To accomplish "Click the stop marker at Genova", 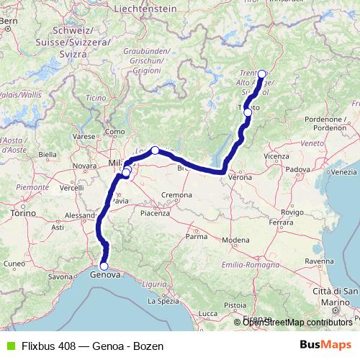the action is [x=104, y=266].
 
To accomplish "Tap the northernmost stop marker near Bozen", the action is [x=262, y=73].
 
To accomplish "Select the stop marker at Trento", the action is [x=248, y=112].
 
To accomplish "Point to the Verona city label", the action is [x=240, y=176].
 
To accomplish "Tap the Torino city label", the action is [x=24, y=214].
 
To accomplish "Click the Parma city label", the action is [x=197, y=235].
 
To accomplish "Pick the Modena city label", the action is [x=235, y=239].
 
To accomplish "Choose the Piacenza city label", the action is [x=154, y=213].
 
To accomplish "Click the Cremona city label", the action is [x=176, y=195].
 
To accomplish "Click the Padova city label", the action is [x=297, y=170].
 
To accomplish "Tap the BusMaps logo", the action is [x=325, y=346].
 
